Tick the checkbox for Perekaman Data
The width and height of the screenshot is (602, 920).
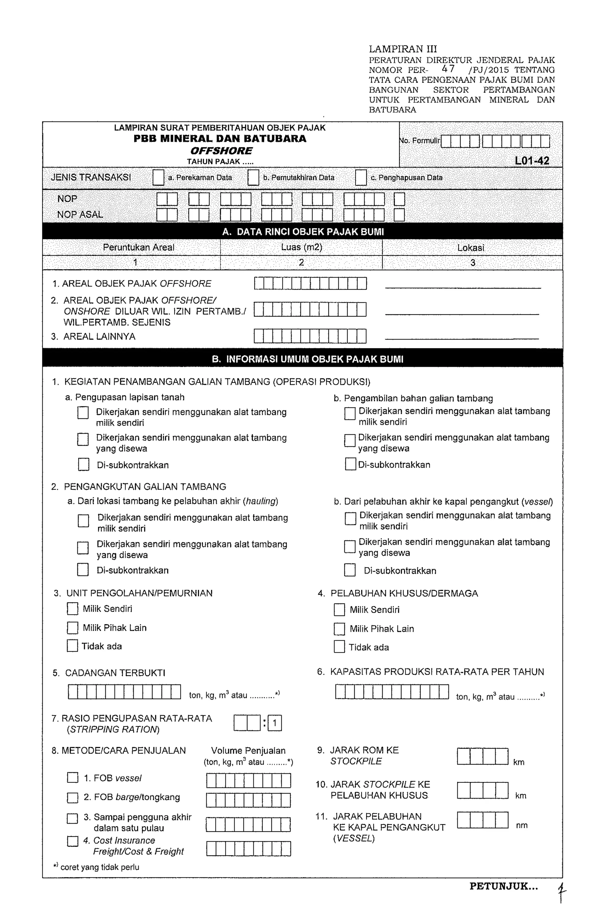[x=158, y=177]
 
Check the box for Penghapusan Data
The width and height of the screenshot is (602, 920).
[x=361, y=177]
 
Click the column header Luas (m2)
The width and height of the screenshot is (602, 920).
[x=301, y=247]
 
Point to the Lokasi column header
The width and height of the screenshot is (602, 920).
[x=470, y=248]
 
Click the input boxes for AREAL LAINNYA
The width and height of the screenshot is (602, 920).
[x=310, y=336]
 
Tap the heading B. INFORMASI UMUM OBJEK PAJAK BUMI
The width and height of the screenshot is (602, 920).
[x=307, y=359]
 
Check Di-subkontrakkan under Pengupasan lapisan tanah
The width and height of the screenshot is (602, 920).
[x=83, y=464]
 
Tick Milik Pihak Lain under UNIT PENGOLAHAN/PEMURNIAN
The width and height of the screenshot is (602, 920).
[x=72, y=628]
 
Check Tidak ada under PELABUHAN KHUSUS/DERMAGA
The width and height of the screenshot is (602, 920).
[x=339, y=647]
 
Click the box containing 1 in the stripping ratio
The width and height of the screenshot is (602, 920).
[x=274, y=723]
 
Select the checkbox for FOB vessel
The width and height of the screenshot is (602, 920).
[x=72, y=778]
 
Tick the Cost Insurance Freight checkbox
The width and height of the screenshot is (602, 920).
[x=72, y=842]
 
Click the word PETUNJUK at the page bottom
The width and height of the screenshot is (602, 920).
[x=503, y=887]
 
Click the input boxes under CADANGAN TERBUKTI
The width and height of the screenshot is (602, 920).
[x=124, y=692]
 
